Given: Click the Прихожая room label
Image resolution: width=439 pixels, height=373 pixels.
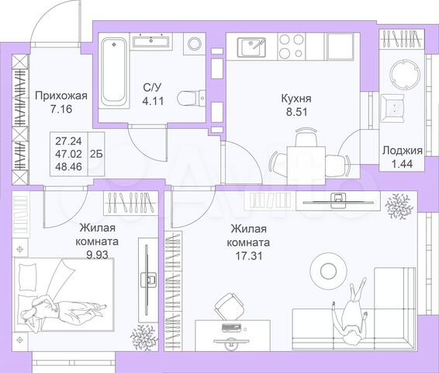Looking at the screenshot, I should click(x=61, y=96).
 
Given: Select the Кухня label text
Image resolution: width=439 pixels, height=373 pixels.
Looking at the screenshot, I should click(x=296, y=99).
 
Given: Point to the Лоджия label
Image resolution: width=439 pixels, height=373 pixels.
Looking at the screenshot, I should click(x=402, y=152).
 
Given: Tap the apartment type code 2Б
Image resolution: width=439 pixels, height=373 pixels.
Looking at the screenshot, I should click(x=96, y=154).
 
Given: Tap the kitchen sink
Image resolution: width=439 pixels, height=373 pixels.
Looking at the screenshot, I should click(x=252, y=48).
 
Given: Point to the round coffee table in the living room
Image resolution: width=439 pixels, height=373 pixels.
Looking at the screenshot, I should click(x=325, y=269).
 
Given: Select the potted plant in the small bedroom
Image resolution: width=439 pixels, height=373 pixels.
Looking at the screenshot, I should click(x=142, y=336).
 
